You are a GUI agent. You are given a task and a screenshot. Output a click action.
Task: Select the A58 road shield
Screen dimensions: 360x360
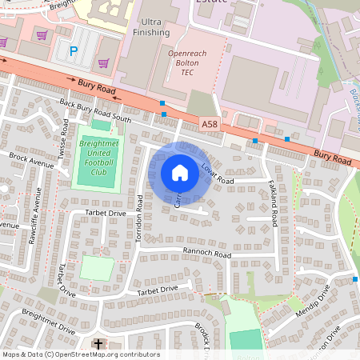210,123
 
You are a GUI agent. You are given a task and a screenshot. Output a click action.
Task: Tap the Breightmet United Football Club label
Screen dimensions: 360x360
99,157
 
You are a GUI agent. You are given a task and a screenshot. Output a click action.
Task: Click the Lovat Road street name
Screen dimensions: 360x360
217,171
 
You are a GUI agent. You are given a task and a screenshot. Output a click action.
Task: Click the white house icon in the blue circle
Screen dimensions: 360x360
180,173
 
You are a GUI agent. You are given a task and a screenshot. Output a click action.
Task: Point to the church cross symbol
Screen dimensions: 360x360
98,345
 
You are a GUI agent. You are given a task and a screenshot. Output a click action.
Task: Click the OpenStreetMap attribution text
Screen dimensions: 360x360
80,354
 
